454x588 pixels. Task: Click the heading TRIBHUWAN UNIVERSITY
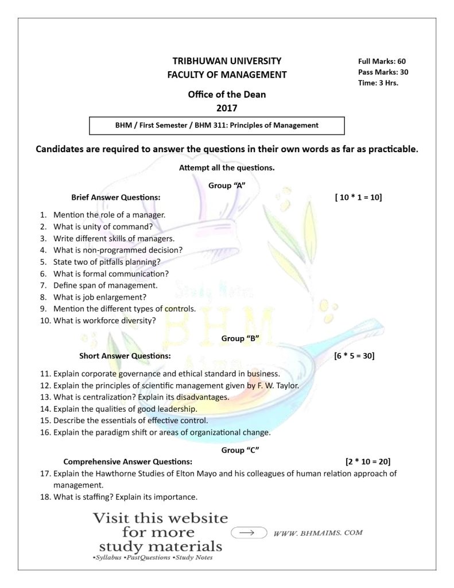(x=227, y=60)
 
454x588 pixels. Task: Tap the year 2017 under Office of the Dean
(x=227, y=107)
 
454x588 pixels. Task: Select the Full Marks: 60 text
(x=382, y=61)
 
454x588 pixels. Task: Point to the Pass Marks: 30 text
(x=383, y=72)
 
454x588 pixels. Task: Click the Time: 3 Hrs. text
(x=378, y=83)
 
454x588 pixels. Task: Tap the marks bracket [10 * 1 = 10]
(x=358, y=198)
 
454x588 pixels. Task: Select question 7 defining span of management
(x=105, y=285)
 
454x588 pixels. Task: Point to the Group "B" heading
(x=240, y=338)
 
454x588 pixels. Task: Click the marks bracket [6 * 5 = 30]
(x=354, y=356)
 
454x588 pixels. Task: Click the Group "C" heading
(x=240, y=450)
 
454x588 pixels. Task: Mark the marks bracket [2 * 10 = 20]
(x=368, y=461)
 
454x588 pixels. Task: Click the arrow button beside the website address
(x=249, y=533)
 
